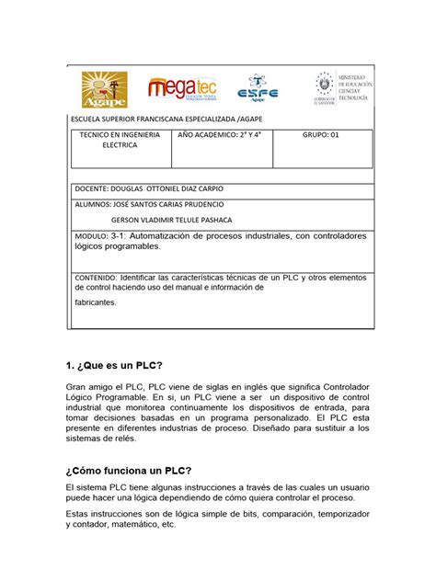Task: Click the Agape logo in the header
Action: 102,90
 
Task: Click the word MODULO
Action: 89,236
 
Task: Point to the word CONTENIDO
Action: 95,276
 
